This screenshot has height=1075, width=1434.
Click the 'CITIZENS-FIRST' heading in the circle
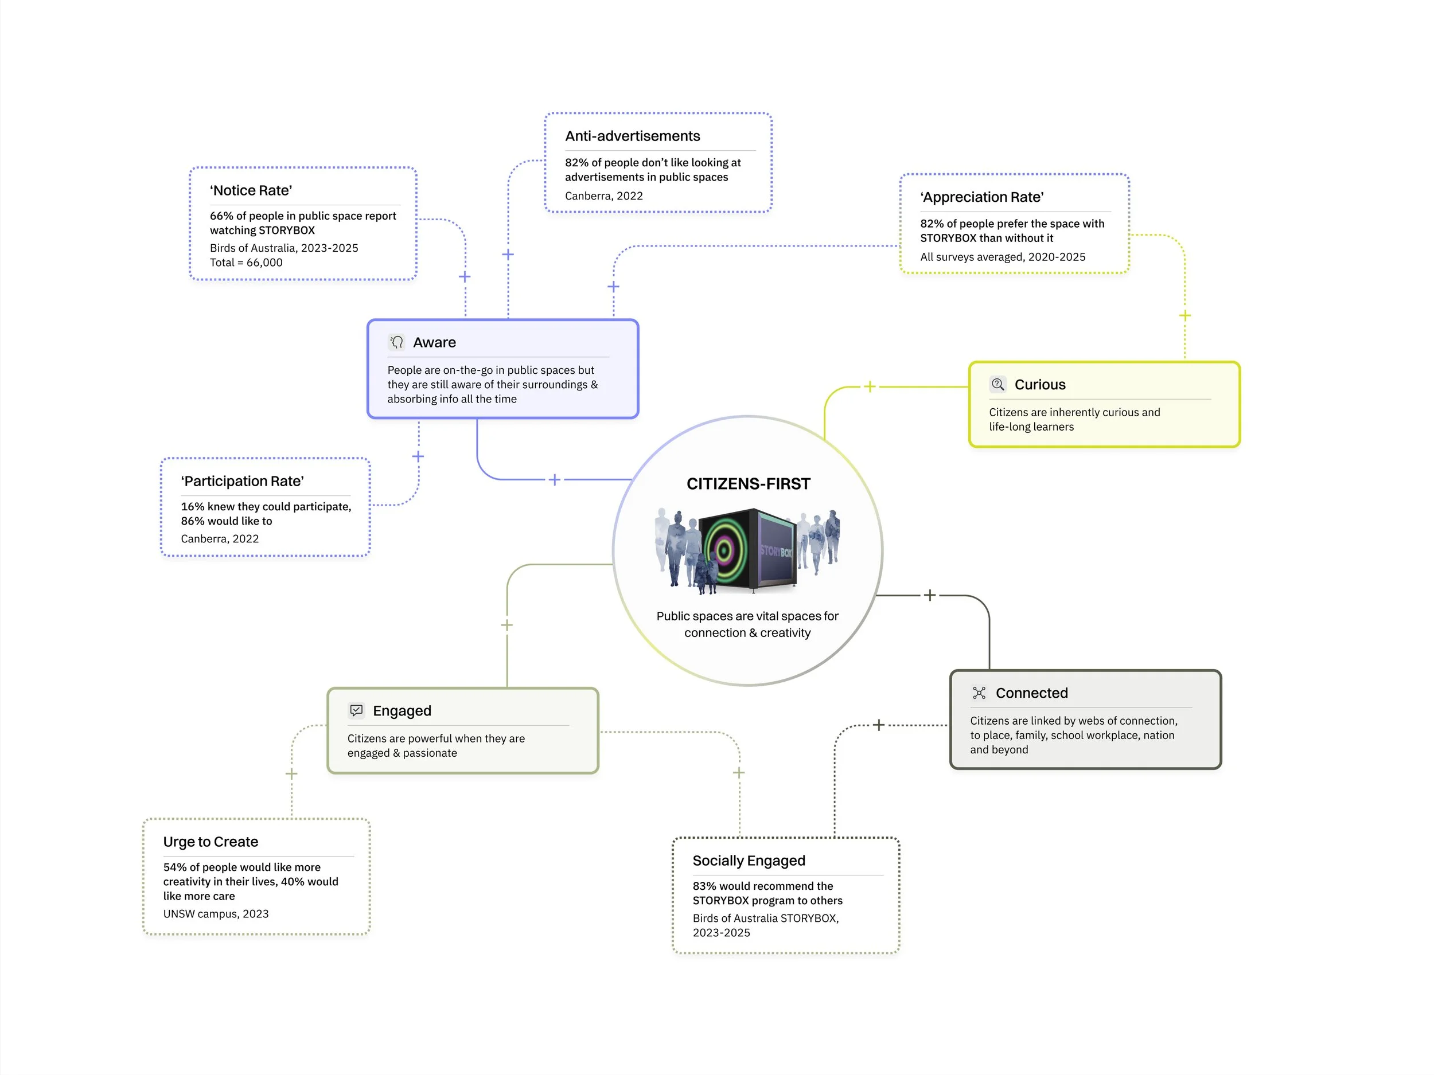[747, 484]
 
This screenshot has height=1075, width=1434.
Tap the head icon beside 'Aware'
[396, 342]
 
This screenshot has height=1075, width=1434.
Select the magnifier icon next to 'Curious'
[997, 384]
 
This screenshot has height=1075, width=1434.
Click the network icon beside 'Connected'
[979, 693]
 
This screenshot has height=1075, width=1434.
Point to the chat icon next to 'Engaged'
[356, 711]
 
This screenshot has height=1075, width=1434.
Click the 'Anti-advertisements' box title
[632, 136]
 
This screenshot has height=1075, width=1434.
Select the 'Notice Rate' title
[251, 190]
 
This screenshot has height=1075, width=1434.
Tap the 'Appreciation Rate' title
[981, 197]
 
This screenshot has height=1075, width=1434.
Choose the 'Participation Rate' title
[243, 481]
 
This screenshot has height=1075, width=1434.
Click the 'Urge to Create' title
[211, 842]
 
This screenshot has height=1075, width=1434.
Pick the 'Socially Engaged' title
[749, 861]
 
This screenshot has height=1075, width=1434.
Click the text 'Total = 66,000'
[246, 263]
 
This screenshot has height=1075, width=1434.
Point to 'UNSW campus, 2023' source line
[216, 914]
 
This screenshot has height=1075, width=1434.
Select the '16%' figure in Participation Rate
[193, 507]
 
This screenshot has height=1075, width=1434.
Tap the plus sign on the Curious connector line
[870, 386]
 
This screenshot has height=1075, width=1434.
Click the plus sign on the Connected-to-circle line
[930, 595]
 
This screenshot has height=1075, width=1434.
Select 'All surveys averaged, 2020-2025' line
[1002, 257]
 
